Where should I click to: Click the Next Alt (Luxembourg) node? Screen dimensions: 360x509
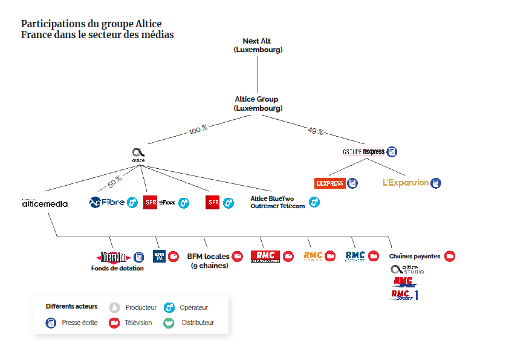tap(258, 45)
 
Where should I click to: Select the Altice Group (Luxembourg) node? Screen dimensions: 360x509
tap(258, 103)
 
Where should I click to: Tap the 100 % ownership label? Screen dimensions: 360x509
tap(198, 129)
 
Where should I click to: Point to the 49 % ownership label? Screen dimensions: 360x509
tap(316, 131)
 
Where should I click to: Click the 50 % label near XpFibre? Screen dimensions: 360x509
tap(114, 180)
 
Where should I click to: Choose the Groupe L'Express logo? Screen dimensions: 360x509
tap(363, 152)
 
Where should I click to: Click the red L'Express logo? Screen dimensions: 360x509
tap(329, 183)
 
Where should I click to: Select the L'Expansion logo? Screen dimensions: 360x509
tap(406, 183)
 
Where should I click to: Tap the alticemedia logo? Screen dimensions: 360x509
tap(45, 204)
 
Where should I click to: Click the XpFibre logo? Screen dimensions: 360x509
tap(107, 203)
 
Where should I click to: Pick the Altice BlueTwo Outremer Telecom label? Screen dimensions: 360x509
tap(277, 203)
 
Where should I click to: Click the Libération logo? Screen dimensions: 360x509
tap(114, 257)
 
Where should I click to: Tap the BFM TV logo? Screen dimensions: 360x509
tap(159, 256)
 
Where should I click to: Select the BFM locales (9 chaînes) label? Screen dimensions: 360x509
tap(209, 261)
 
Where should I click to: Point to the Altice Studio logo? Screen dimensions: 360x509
tap(407, 269)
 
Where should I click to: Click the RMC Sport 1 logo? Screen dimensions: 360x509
tap(404, 295)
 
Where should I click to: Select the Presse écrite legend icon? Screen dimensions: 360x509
tap(51, 322)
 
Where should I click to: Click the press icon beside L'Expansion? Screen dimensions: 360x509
tap(436, 183)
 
